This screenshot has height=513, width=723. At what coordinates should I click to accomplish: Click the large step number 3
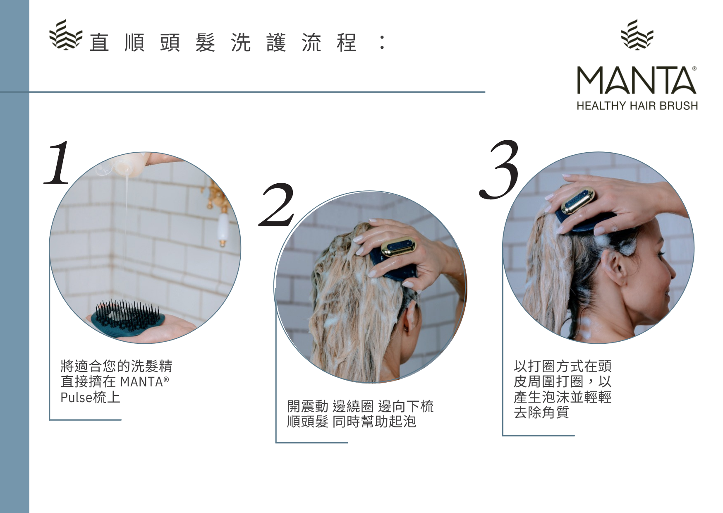pos(500,169)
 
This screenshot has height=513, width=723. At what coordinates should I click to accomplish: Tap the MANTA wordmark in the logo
pos(636,80)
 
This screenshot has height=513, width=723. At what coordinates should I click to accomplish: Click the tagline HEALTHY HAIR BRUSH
pos(637,106)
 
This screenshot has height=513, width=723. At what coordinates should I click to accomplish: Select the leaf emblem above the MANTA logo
pos(637,34)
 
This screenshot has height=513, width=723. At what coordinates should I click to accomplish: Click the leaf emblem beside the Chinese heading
pos(65,35)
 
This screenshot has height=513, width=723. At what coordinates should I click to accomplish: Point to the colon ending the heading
pos(382,43)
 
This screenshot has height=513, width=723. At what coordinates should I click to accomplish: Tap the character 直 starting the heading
pos(99,43)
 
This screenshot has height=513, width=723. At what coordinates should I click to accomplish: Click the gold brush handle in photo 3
pos(578,201)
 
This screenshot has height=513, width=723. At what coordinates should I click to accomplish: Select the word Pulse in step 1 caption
pos(77,397)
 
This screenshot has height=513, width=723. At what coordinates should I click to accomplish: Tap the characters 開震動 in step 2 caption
pos(308,406)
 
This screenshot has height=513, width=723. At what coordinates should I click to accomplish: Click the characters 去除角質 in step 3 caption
pos(541,412)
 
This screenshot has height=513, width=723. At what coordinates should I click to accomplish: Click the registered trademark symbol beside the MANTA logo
pos(694,69)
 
